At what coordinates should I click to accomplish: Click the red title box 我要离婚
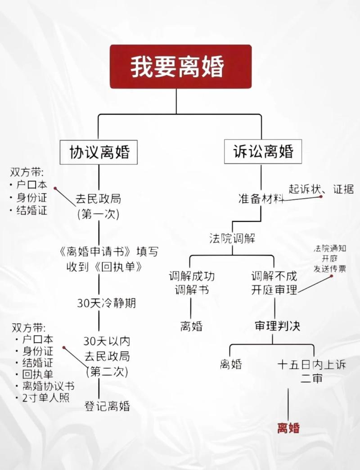coord(180,67)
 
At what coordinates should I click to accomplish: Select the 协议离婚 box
coord(99,152)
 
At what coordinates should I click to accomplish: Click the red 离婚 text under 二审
coord(288,428)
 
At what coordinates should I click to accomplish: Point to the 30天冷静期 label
coord(106,303)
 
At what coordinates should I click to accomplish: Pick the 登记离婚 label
coord(107,406)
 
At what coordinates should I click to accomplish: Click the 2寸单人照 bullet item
coord(45,398)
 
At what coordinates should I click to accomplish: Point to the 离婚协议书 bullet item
coord(48,386)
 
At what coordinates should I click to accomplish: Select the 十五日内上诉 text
coord(311,365)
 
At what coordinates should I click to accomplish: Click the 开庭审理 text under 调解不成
coord(274,290)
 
